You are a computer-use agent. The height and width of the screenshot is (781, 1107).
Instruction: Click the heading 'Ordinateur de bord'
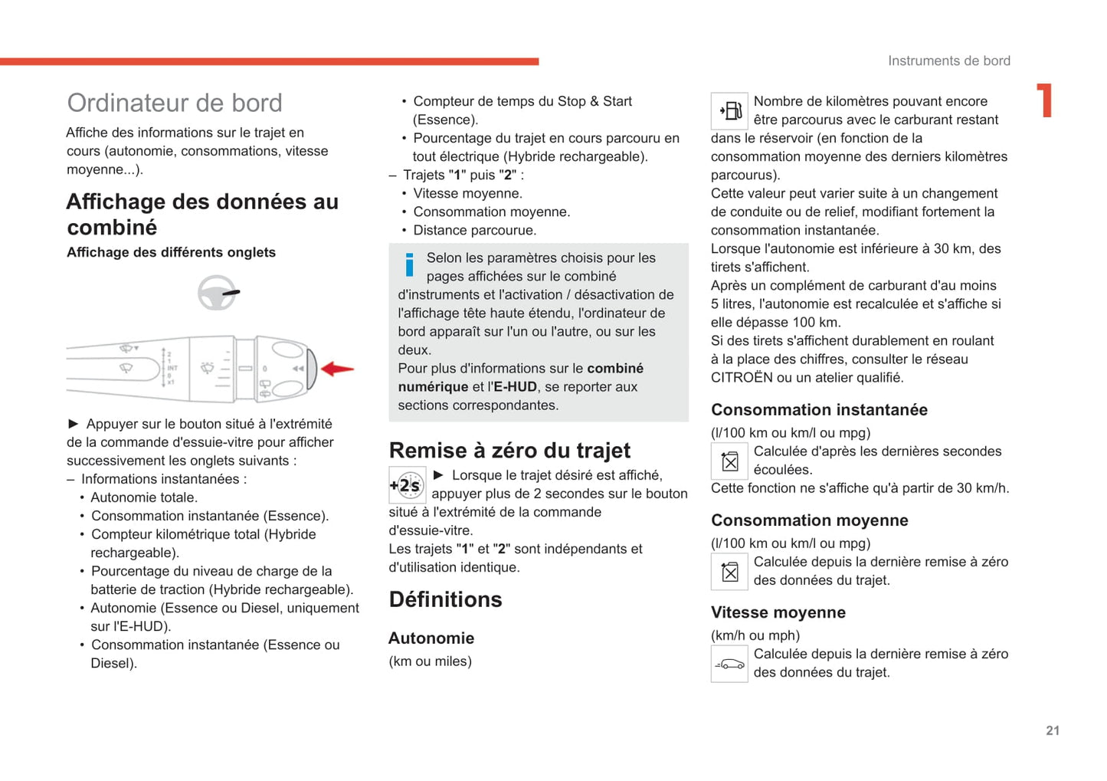point(175,103)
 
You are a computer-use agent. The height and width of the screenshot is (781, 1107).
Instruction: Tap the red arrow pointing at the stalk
point(337,369)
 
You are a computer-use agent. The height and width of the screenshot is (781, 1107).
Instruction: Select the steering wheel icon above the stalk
point(218,292)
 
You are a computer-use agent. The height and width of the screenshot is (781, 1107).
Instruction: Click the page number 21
point(1053,730)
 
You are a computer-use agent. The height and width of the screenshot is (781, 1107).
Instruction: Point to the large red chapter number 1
point(1044,100)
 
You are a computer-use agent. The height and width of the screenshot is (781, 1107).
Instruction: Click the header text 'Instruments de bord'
point(948,61)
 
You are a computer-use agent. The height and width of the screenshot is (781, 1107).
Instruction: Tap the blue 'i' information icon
point(410,265)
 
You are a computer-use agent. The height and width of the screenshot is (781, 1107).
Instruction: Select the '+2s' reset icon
point(407,484)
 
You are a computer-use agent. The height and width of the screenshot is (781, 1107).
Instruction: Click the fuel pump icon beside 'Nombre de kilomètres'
point(729,111)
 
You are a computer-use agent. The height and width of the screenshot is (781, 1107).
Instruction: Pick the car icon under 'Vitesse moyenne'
point(729,664)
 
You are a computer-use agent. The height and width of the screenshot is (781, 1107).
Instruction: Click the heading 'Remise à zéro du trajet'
point(509,450)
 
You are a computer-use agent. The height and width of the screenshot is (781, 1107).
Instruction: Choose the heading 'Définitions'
point(445,599)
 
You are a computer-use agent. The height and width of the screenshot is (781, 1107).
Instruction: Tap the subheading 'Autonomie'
point(431,638)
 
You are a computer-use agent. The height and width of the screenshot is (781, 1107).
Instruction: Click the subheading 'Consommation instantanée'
point(819,410)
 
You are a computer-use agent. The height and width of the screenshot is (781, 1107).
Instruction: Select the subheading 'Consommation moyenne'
point(809,520)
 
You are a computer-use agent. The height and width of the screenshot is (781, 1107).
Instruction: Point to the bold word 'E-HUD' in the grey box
point(515,387)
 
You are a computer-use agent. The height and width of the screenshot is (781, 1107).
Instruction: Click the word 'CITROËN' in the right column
point(742,378)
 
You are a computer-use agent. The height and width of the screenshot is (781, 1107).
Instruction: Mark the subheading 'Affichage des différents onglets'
point(171,252)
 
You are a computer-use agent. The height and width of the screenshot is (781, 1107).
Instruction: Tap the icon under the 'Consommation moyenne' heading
point(729,572)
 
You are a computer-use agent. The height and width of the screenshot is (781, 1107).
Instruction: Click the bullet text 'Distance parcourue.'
point(474,230)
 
